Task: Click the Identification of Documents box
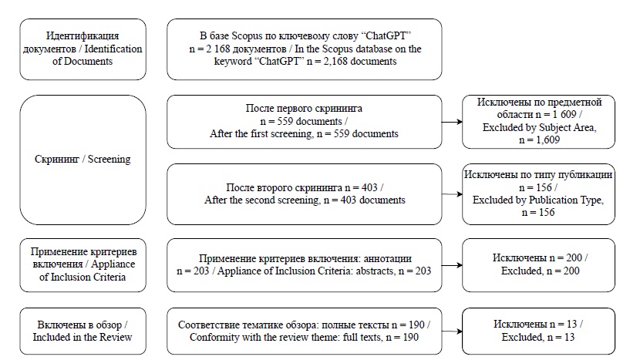coord(83,49)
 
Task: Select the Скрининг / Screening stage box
coord(83,160)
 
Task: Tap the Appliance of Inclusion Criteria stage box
coord(83,264)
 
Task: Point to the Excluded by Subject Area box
coord(539,121)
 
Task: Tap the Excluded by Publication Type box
coord(539,193)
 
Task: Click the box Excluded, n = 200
coord(539,264)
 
